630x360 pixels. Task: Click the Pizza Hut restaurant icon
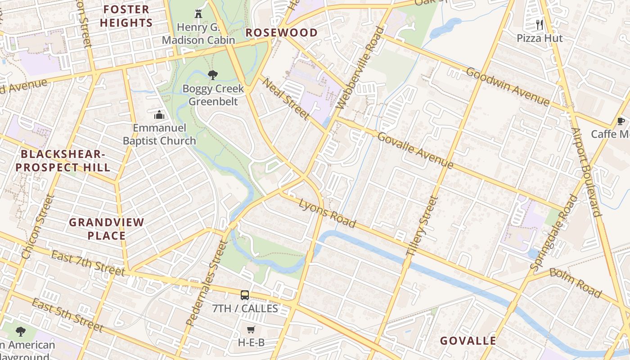[540, 25]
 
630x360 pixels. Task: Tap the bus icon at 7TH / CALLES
[245, 295]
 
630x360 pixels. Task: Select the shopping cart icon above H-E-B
[251, 330]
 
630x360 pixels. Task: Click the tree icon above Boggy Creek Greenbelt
[213, 75]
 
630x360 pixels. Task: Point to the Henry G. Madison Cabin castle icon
[198, 14]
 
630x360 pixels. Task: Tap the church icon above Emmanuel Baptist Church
[159, 115]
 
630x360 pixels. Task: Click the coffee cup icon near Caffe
[621, 121]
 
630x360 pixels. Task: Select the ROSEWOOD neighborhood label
[282, 33]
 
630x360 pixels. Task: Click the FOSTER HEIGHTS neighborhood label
[126, 16]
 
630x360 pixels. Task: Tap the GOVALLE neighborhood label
[468, 341]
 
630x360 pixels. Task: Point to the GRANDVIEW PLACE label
[107, 229]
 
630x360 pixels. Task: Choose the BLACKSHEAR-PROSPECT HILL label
[63, 161]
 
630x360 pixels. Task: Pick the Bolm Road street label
[576, 283]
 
